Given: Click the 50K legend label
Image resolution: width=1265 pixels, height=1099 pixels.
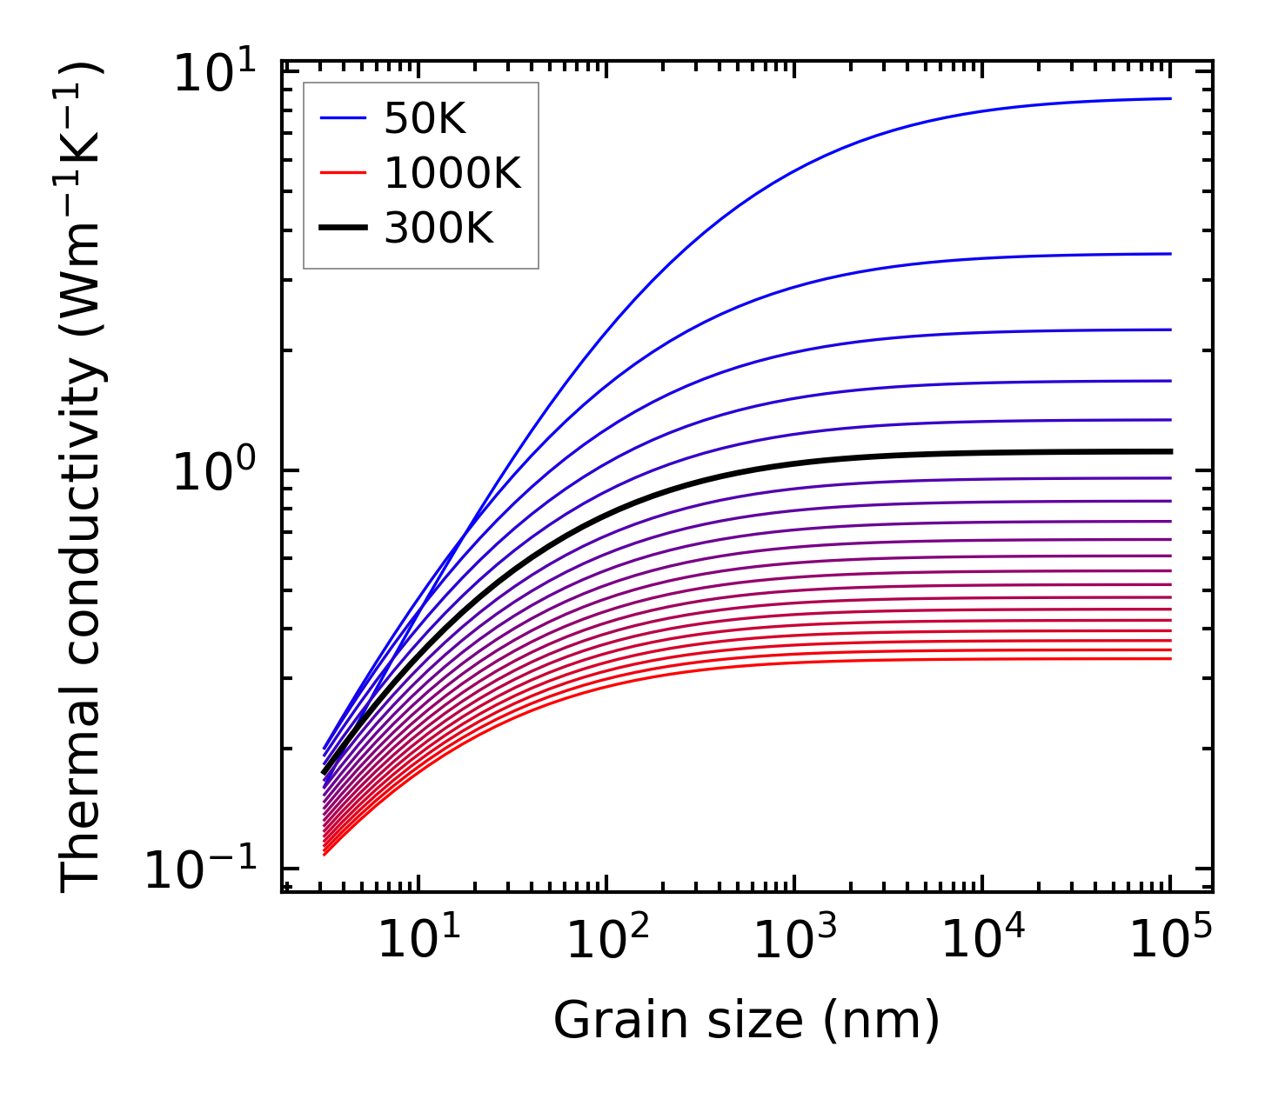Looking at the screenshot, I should (425, 120).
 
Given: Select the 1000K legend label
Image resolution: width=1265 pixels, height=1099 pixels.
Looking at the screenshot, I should (452, 175).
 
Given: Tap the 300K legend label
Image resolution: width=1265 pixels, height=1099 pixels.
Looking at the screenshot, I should (438, 230).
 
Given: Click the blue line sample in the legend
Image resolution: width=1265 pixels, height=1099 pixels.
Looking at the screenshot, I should (343, 120).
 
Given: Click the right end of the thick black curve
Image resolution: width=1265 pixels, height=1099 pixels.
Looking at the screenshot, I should (1170, 451).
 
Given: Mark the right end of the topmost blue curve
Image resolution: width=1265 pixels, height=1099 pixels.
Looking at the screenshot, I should (1170, 98).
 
